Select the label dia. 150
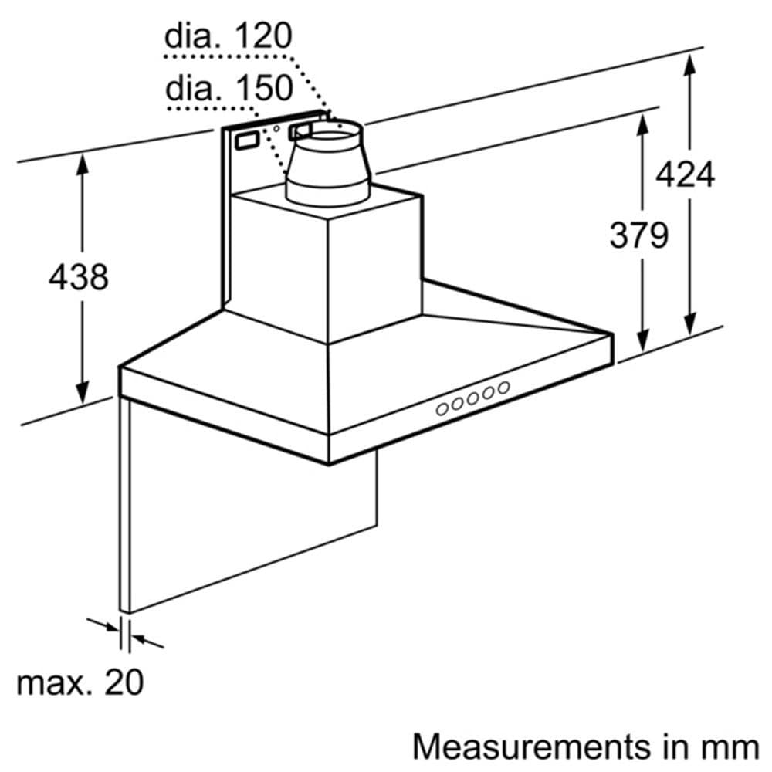(229, 88)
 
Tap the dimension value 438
(78, 276)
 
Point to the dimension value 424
(685, 175)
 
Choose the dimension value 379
(638, 235)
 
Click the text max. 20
(80, 682)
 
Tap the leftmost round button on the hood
(442, 410)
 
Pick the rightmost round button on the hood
(503, 388)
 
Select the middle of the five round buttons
(473, 398)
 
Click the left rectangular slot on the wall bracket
(247, 141)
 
